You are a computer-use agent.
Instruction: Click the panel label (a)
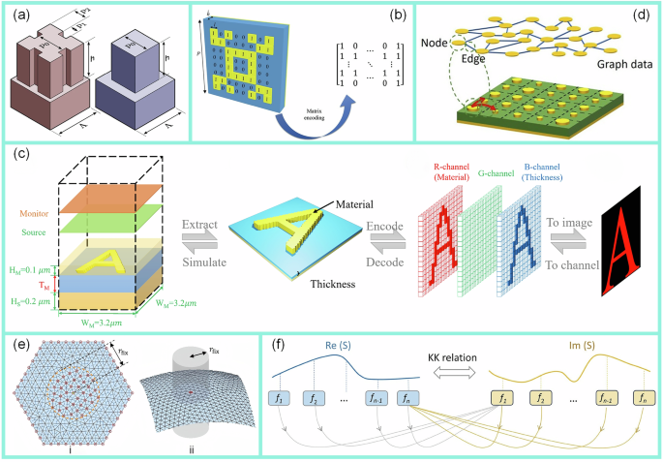[x=20, y=13]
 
